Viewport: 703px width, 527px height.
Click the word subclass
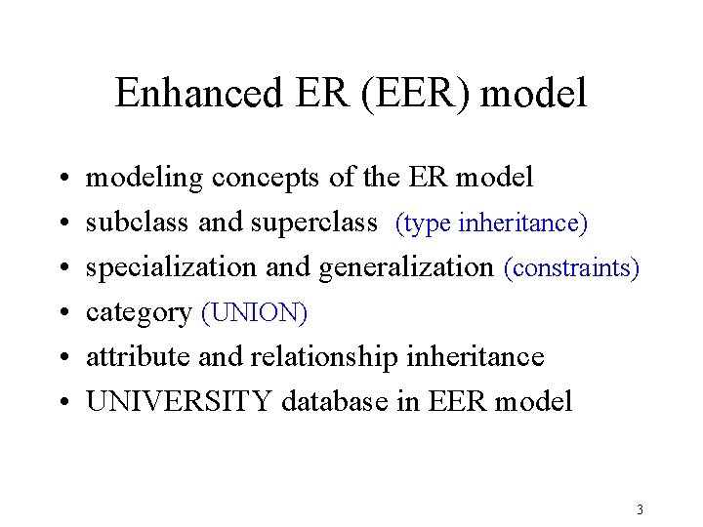click(x=139, y=223)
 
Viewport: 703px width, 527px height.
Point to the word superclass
click(x=314, y=223)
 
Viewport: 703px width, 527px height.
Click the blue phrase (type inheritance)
click(x=491, y=223)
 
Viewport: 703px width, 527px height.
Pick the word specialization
click(x=168, y=268)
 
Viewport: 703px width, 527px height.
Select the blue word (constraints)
click(x=571, y=267)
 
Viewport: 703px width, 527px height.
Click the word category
click(x=140, y=313)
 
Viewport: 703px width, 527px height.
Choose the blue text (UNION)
click(x=254, y=313)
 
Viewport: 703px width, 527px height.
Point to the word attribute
click(x=139, y=357)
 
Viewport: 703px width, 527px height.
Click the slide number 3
click(x=639, y=509)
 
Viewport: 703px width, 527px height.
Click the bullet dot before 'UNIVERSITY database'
click(x=62, y=403)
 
